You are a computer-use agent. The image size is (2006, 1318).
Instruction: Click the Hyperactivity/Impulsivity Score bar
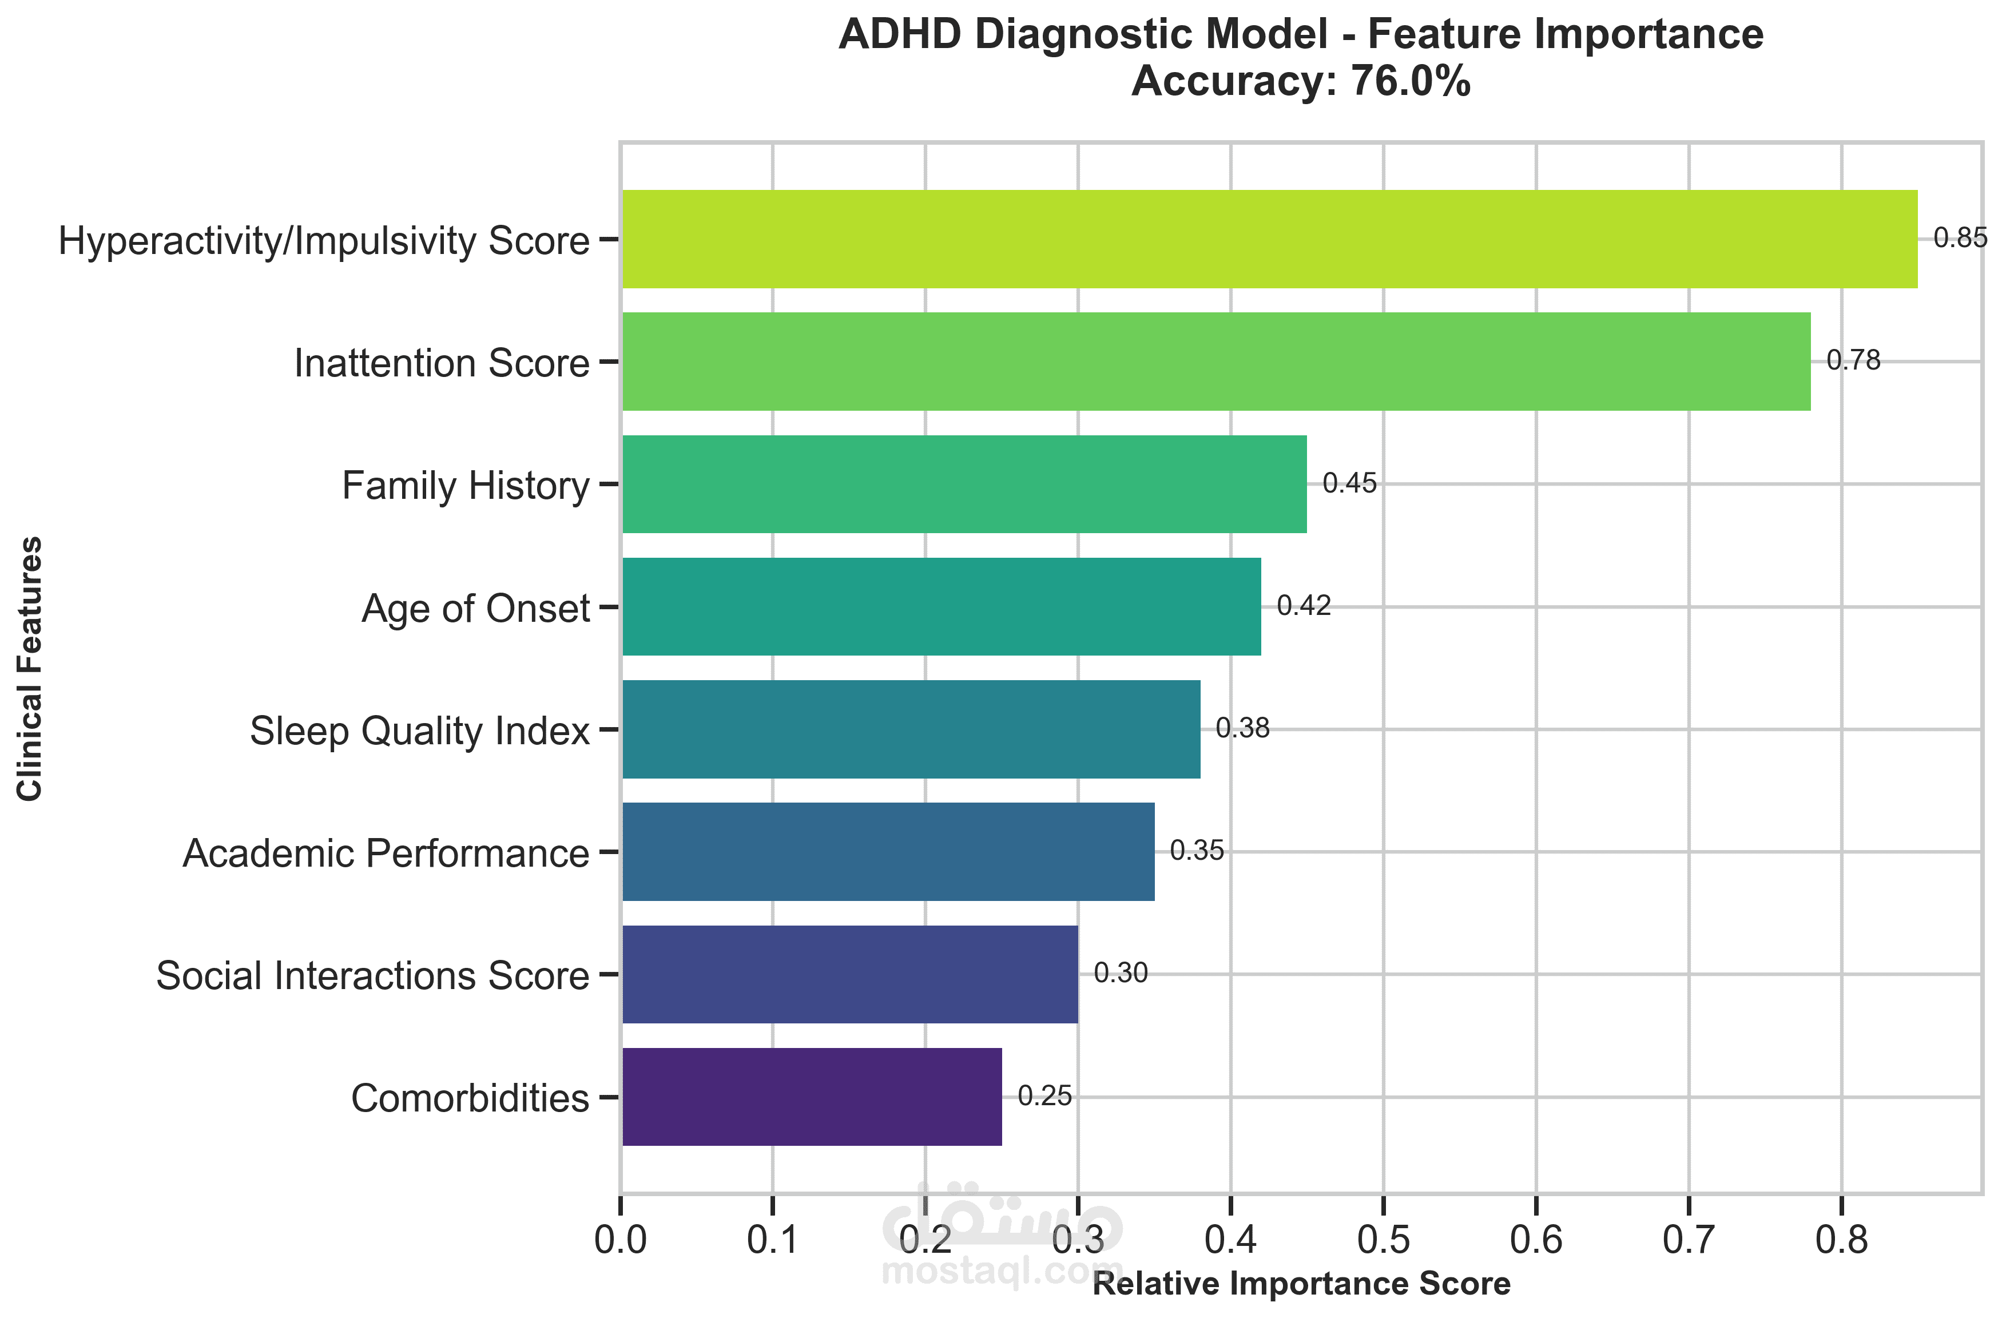pos(1269,239)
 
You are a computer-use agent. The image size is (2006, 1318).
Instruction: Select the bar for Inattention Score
pos(1215,362)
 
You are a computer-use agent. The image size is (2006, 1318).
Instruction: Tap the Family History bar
pos(964,484)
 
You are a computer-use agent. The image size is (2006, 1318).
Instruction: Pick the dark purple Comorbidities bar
pos(812,1097)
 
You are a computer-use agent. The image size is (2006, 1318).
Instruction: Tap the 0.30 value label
pos(1120,973)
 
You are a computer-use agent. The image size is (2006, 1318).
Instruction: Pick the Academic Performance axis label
pos(385,853)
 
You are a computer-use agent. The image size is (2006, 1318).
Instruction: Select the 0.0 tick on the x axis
pos(621,1240)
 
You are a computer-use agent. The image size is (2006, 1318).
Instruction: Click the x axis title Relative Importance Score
pos(1301,1284)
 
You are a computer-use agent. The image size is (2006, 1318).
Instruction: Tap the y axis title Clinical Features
pos(30,668)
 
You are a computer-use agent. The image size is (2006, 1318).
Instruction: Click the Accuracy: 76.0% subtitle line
pos(1301,82)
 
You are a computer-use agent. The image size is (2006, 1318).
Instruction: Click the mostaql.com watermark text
pos(1002,1271)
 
